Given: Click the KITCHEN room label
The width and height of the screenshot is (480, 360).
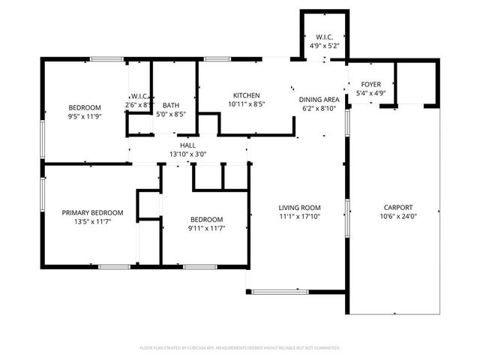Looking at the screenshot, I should [x=246, y=95].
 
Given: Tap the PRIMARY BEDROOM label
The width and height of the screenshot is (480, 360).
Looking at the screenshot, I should [x=87, y=213].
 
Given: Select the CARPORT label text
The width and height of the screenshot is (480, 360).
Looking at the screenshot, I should [x=398, y=208].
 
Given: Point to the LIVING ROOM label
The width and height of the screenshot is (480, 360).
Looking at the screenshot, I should [x=299, y=208].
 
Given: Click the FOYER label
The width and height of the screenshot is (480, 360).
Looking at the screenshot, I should [x=371, y=84].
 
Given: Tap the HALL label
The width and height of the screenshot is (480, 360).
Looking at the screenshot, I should [x=187, y=145].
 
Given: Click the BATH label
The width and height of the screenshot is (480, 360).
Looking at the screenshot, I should [x=171, y=106].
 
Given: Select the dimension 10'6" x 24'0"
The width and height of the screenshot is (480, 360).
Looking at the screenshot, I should [x=398, y=217].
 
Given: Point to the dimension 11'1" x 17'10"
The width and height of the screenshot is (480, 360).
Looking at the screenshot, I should [x=299, y=217].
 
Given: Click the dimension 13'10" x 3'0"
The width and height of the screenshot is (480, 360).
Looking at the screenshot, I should [x=187, y=154].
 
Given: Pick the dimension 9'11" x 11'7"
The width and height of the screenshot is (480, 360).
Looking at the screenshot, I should [x=206, y=228].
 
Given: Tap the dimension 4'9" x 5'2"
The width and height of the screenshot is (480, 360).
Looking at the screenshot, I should [x=325, y=46].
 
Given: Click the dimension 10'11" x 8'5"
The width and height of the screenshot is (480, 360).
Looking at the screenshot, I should [x=246, y=104].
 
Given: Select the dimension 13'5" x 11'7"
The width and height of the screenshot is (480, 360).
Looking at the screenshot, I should [x=87, y=222].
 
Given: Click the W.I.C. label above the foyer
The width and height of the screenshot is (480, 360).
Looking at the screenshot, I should [x=325, y=37].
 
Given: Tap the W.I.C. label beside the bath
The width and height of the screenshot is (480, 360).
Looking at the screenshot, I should [x=139, y=96].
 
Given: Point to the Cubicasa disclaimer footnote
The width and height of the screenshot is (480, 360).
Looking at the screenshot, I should [x=240, y=348].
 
